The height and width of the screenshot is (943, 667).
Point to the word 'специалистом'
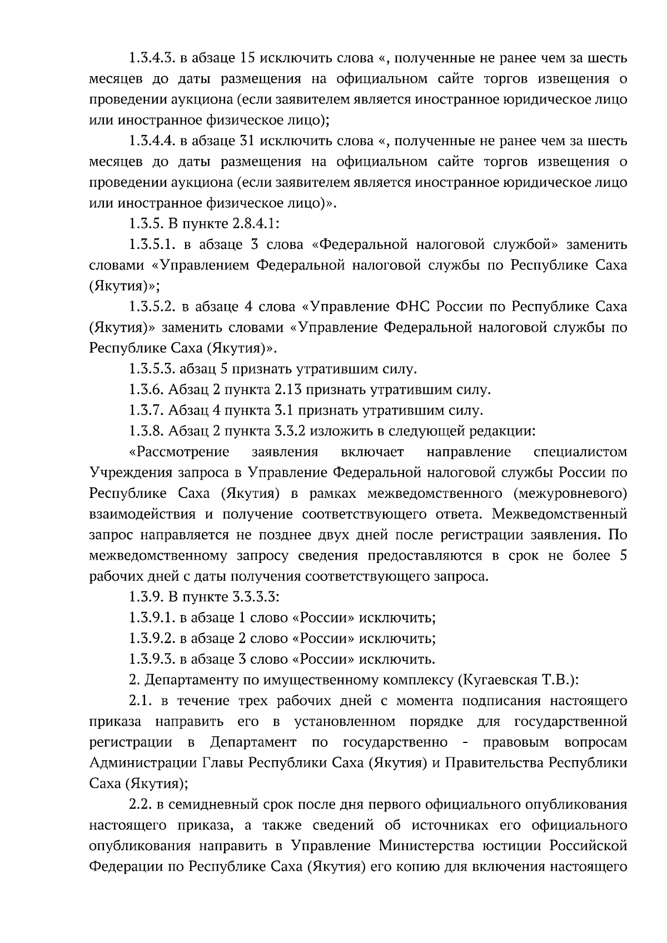coord(580,452)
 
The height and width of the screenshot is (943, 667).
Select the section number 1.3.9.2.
coord(151,638)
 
